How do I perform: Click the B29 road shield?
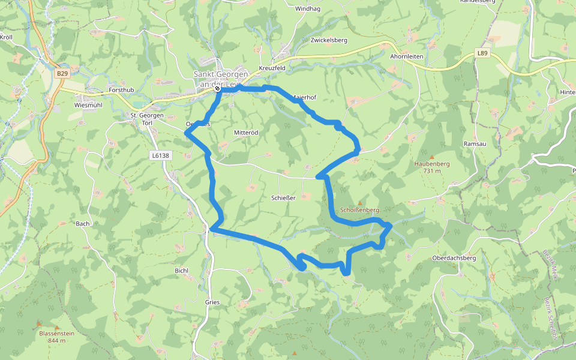(62, 73)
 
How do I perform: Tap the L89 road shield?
(484, 53)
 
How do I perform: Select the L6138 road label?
(160, 155)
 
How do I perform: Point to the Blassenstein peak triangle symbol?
(40, 324)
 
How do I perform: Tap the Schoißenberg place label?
(360, 210)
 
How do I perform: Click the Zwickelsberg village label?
(329, 40)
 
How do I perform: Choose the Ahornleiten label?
(407, 56)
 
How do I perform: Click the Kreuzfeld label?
(271, 68)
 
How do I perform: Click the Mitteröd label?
(245, 132)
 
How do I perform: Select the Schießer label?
(283, 197)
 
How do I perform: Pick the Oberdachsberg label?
(454, 258)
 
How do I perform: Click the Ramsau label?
(474, 144)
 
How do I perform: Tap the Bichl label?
(181, 271)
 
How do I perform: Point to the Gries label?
(212, 302)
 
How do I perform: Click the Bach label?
(82, 224)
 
